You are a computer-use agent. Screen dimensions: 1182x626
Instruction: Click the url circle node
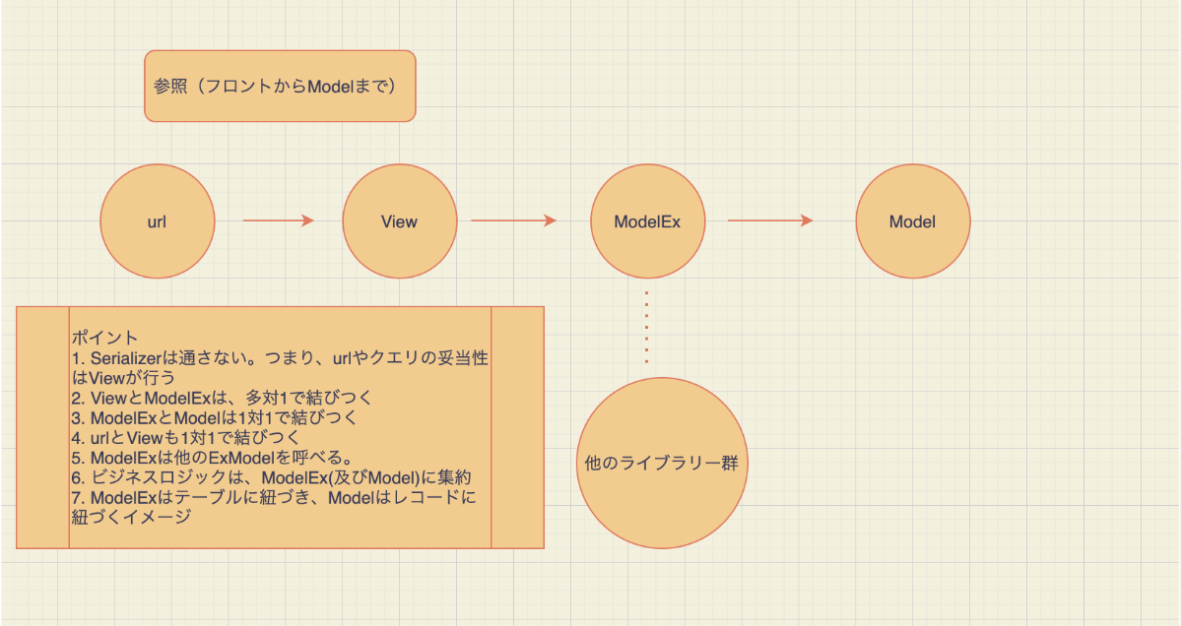point(158,221)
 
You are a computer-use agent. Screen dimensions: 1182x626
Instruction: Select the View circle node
point(400,221)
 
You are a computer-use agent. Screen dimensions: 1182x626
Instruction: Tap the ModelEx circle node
point(647,221)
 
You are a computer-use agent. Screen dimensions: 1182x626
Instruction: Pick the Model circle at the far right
point(913,221)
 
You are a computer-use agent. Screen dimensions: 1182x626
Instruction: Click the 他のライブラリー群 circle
point(662,463)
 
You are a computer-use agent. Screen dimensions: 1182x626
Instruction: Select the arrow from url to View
point(279,220)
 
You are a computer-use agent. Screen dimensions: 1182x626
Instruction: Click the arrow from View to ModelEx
point(514,220)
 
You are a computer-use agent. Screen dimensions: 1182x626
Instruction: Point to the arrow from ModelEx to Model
point(770,220)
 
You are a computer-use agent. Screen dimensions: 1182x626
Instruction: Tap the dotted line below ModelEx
point(646,327)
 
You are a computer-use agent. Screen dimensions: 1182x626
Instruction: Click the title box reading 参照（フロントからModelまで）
point(280,86)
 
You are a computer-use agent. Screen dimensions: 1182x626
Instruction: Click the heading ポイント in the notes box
point(104,338)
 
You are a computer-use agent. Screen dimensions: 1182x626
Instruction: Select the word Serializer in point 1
point(126,358)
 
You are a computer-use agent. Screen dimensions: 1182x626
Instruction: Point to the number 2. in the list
point(78,399)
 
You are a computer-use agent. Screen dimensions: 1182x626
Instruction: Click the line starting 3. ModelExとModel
point(215,418)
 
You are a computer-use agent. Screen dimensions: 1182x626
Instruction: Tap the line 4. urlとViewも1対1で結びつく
point(185,438)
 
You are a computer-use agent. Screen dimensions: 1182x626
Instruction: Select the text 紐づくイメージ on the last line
point(131,517)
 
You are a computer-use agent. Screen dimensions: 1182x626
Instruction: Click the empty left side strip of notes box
point(42,428)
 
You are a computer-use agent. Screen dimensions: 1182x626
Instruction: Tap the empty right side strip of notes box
point(518,428)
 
